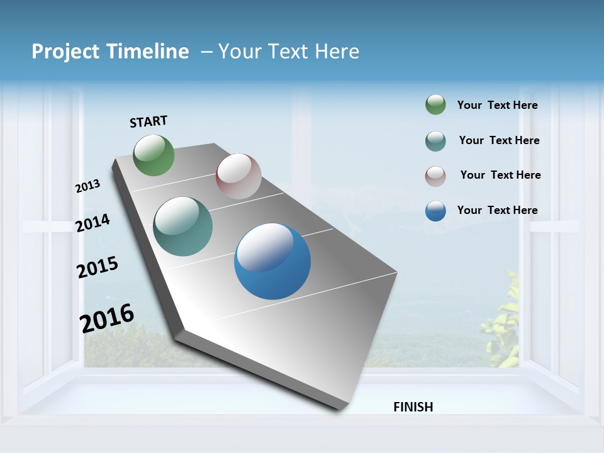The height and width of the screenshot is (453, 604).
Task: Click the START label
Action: click(x=148, y=121)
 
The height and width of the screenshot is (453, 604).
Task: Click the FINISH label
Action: click(x=413, y=407)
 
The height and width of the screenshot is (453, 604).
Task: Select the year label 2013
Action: click(x=87, y=186)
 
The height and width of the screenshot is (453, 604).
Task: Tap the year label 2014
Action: click(x=92, y=223)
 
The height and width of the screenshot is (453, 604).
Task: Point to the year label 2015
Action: click(x=97, y=267)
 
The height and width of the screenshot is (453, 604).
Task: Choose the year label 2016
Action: click(x=107, y=318)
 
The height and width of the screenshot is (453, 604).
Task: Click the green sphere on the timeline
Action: click(x=154, y=155)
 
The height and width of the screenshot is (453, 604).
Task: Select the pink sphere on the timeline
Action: click(x=238, y=176)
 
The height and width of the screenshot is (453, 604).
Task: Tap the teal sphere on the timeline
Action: click(x=183, y=226)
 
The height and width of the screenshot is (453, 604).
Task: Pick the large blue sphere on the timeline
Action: click(x=272, y=261)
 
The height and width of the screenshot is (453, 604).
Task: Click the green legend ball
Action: click(x=435, y=105)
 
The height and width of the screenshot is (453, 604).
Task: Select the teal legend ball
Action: click(x=435, y=141)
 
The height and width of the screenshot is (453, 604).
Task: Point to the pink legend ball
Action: click(x=435, y=176)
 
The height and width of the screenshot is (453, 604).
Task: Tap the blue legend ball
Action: click(x=435, y=211)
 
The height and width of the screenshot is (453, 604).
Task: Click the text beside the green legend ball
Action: click(x=497, y=106)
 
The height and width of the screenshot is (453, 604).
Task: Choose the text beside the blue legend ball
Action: click(x=497, y=210)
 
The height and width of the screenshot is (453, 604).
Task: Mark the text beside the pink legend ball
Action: click(x=500, y=175)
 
